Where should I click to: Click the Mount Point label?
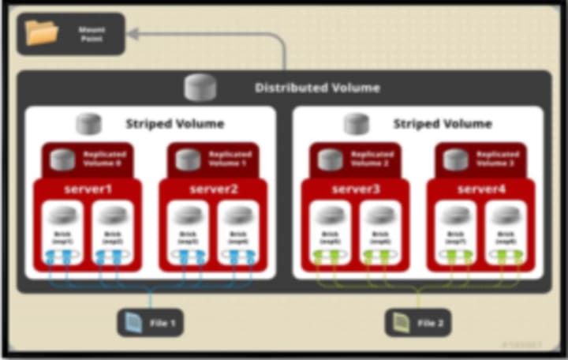pyautogui.click(x=92, y=33)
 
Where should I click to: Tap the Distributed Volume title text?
pyautogui.click(x=317, y=88)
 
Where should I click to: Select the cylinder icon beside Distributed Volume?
pyautogui.click(x=200, y=87)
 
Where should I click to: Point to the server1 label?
pyautogui.click(x=87, y=189)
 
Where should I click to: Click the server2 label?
pyautogui.click(x=213, y=189)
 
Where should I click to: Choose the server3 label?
pyautogui.click(x=355, y=189)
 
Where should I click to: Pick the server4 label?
pyautogui.click(x=480, y=189)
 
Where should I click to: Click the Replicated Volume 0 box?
pyautogui.click(x=87, y=159)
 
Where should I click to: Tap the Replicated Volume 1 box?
pyautogui.click(x=213, y=159)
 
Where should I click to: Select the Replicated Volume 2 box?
pyautogui.click(x=355, y=159)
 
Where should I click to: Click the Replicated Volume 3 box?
pyautogui.click(x=480, y=159)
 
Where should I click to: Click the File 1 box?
pyautogui.click(x=151, y=322)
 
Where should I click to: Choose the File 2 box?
pyautogui.click(x=418, y=322)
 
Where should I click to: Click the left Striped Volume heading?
pyautogui.click(x=174, y=124)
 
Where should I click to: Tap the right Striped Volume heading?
pyautogui.click(x=442, y=124)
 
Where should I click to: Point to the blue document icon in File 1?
pyautogui.click(x=135, y=322)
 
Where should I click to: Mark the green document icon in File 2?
pyautogui.click(x=402, y=322)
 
